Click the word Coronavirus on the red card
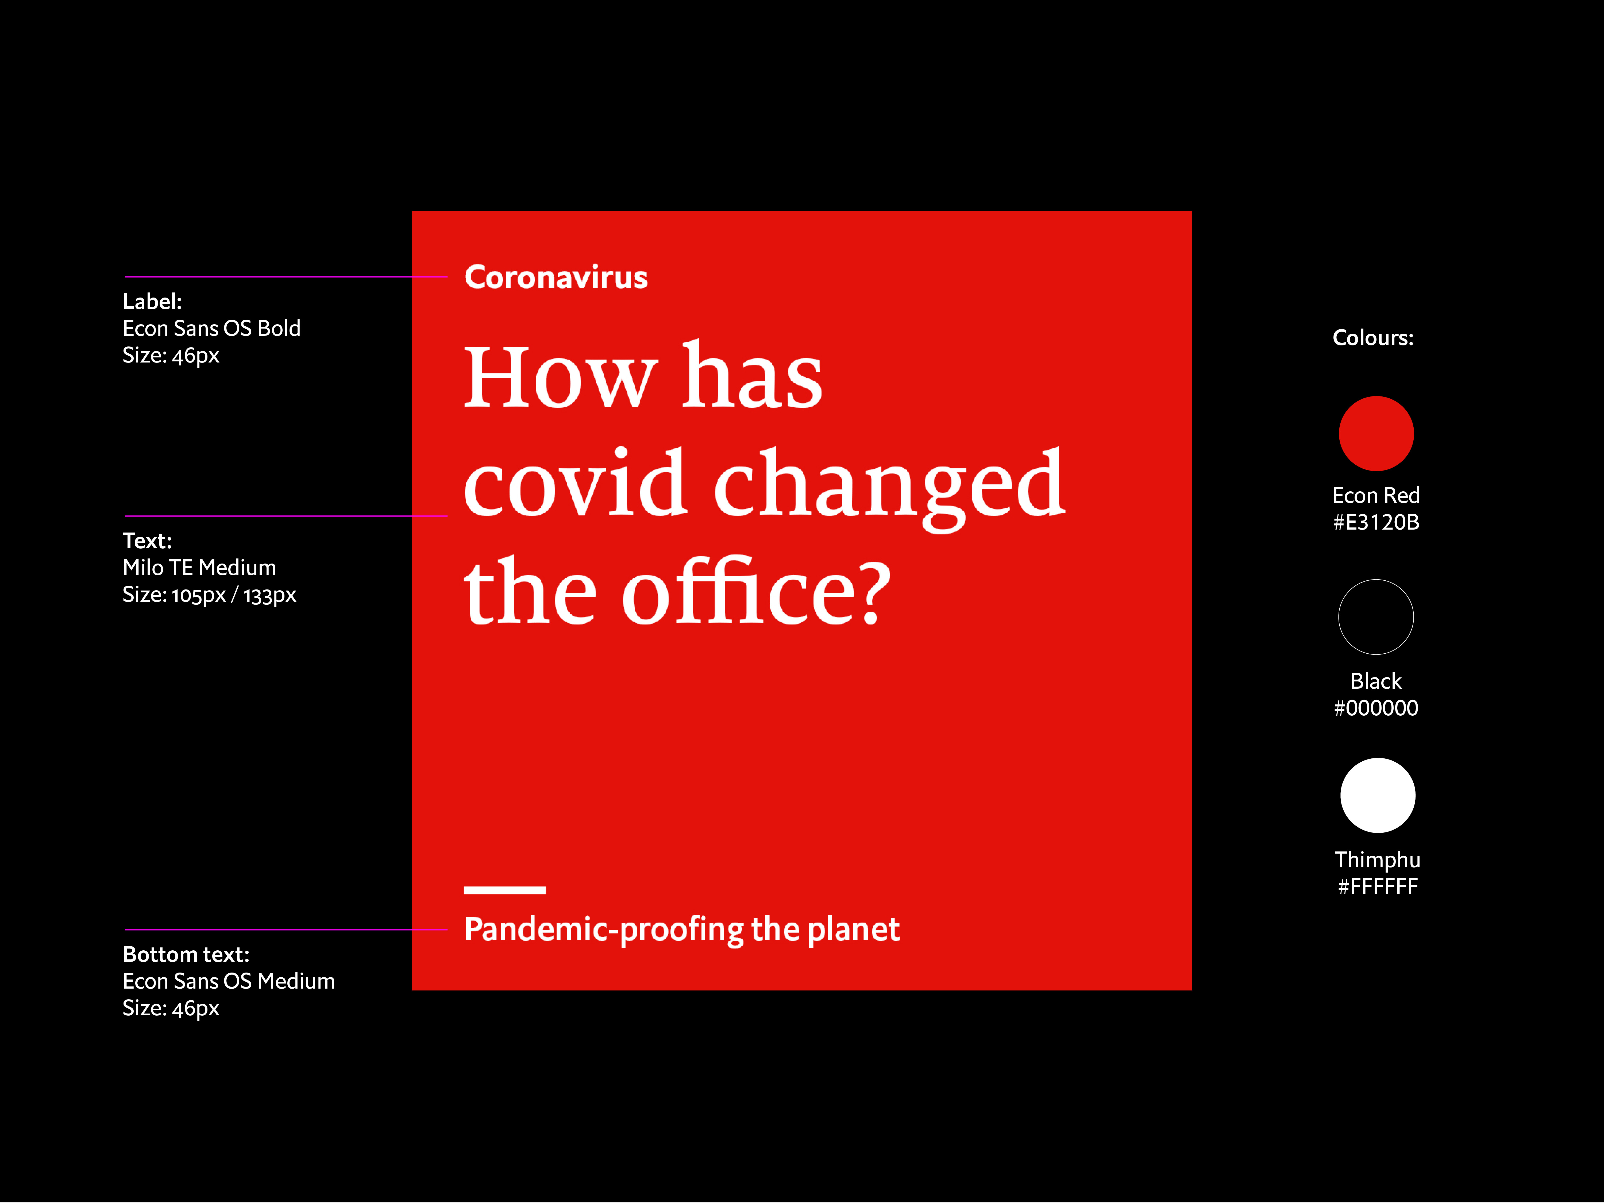click(556, 277)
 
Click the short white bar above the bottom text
click(505, 890)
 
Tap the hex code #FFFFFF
click(1378, 886)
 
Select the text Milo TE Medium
click(199, 568)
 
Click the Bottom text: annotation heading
click(186, 954)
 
